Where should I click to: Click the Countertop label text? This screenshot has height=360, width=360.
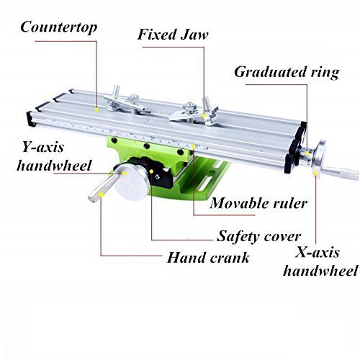point(59,27)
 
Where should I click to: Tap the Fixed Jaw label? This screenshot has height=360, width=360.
point(173,35)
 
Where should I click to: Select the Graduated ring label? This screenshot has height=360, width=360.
point(287,73)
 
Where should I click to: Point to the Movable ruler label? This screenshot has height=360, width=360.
point(258,204)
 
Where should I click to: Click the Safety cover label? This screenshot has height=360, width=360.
point(258,237)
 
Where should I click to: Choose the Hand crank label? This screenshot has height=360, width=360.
point(208,258)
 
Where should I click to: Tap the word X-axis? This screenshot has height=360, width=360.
point(317,253)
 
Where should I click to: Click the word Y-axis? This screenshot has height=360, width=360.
point(43,147)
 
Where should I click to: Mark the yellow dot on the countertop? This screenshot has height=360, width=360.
point(96,110)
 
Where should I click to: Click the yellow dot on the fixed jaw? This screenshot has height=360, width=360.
point(204,116)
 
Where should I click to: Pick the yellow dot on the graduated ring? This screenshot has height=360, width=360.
point(307,153)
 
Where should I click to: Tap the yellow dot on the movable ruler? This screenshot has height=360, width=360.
point(194,146)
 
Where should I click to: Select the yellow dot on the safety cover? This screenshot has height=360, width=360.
point(151,171)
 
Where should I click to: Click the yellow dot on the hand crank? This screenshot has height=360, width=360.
point(102,195)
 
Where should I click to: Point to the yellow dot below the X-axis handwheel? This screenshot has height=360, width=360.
point(315,173)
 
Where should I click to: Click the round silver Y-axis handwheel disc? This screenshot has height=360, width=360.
point(132,182)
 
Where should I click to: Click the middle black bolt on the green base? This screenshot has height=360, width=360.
point(146,145)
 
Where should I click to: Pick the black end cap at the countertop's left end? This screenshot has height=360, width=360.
point(31,119)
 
